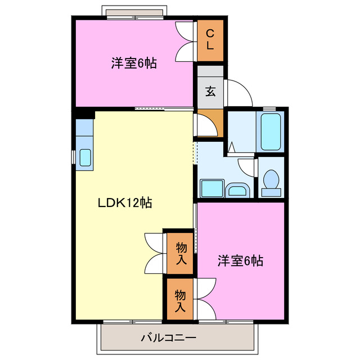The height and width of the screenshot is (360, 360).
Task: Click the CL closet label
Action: click(210, 40)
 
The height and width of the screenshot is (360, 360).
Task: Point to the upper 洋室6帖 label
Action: click(133, 63)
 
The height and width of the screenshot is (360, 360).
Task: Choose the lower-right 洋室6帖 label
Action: click(240, 260)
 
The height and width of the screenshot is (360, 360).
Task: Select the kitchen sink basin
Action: click(85, 157)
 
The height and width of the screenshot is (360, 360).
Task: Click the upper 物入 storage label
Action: click(181, 253)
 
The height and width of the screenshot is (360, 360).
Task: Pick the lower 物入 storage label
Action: click(180, 300)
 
